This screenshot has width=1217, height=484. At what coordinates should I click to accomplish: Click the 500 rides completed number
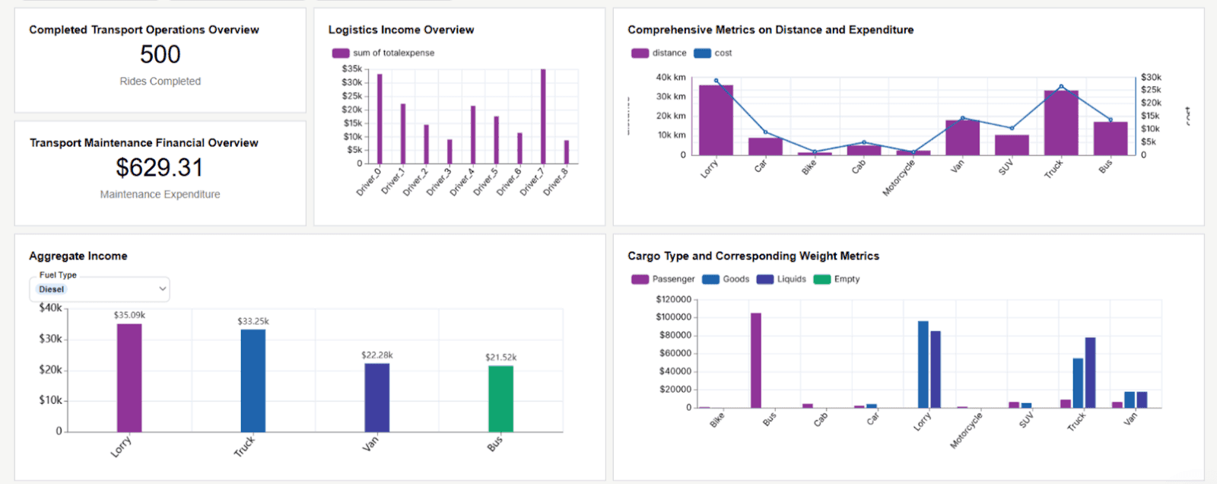coord(160,55)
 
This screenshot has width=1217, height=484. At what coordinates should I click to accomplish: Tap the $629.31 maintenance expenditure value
coord(160,167)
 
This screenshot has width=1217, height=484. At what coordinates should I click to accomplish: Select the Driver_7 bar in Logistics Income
coord(543,116)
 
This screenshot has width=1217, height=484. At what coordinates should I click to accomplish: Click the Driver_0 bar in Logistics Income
coord(380,118)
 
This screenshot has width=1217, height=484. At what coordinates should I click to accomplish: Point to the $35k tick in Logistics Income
coord(351,68)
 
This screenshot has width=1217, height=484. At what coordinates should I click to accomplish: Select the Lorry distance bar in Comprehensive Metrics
coord(716,120)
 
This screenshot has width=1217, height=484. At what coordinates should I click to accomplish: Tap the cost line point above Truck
coord(1061,87)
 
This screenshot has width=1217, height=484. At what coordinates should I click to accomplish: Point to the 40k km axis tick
coord(670,78)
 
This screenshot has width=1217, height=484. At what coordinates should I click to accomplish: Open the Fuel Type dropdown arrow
coord(162,289)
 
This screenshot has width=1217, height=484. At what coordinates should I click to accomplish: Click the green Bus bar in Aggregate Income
coord(500,399)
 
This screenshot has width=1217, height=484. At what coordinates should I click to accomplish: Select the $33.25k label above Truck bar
coord(253,321)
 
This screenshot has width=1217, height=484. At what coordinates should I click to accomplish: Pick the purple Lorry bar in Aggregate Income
coord(129,377)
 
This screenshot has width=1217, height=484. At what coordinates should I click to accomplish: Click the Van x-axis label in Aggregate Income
coord(370,444)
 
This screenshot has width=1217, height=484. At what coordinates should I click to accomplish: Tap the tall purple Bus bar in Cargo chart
coord(755,360)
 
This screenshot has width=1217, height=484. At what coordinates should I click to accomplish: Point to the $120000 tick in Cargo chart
coord(673,299)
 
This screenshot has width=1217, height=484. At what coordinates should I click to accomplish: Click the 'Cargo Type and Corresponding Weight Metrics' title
coord(753,256)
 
